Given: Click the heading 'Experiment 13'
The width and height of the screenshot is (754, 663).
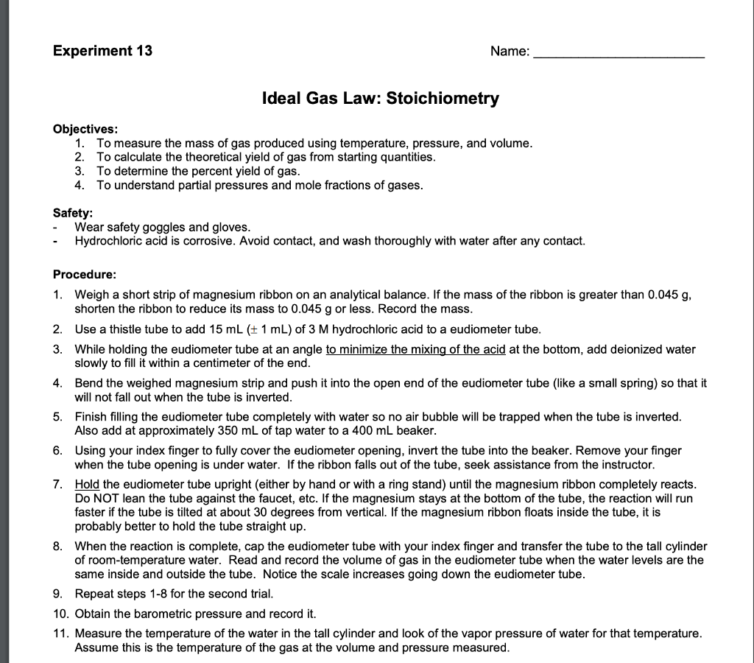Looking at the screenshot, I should (102, 51).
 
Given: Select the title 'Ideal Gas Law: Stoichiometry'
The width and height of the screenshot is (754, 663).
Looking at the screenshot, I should (380, 98).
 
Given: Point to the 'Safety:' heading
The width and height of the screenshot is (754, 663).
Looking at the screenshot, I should (72, 214).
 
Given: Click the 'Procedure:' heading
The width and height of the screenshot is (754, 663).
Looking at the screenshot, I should (85, 275).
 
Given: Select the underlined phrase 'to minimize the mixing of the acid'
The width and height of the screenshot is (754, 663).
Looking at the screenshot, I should (415, 350).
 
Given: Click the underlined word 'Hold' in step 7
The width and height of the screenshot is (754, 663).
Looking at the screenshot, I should (87, 485).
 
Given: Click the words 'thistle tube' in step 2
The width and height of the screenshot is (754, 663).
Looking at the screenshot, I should (130, 329).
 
